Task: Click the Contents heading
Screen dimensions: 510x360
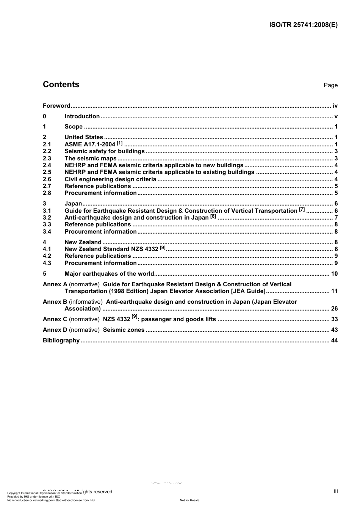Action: coord(61,85)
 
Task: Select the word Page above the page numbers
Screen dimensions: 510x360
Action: coord(330,85)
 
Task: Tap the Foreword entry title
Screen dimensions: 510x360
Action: coord(56,106)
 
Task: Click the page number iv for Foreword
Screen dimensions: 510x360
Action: coord(335,106)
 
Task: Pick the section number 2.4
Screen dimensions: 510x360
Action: coord(47,165)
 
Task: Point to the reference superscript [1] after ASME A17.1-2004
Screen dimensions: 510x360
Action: coord(120,143)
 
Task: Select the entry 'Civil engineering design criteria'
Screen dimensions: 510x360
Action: coord(110,179)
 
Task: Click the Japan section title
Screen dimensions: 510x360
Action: coord(73,204)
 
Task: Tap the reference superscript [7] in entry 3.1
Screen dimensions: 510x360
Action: coord(302,209)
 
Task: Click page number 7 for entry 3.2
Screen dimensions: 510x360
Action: coord(336,218)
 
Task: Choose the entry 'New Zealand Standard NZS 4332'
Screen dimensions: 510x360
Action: coord(111,249)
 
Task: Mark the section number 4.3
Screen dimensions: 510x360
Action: coord(47,263)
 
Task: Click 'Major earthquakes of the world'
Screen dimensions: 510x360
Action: coord(110,274)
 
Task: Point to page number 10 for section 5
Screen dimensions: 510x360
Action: coord(334,274)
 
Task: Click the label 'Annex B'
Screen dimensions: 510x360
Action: coord(55,302)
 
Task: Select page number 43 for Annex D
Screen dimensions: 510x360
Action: coord(334,330)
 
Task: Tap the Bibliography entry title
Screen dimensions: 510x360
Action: coord(61,341)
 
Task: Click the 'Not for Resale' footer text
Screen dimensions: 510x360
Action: coord(189,500)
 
